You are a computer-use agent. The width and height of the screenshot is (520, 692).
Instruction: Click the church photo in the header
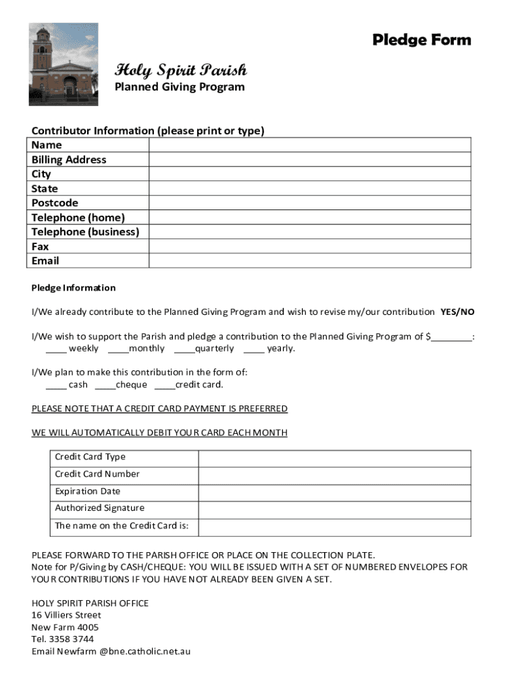[63, 64]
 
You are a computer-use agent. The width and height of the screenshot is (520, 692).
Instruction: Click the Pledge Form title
[421, 41]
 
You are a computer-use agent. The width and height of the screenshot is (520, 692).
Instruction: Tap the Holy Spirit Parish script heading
[180, 70]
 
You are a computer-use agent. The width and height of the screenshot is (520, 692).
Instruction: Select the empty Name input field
[309, 145]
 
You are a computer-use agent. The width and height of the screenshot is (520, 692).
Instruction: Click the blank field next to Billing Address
[309, 159]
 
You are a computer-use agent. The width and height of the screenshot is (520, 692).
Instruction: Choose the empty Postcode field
[309, 203]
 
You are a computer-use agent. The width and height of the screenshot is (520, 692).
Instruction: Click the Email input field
[309, 261]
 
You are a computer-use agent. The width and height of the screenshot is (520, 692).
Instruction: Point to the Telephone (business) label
[85, 232]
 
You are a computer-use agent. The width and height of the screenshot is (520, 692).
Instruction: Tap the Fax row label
[41, 247]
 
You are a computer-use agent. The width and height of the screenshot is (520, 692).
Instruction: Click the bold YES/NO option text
[457, 312]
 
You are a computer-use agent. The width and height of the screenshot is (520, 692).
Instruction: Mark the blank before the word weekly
[56, 349]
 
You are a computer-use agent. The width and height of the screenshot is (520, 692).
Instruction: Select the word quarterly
[214, 349]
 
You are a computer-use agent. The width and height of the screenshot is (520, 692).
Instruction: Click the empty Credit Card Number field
[334, 475]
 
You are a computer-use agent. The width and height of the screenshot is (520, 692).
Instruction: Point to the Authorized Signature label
[99, 508]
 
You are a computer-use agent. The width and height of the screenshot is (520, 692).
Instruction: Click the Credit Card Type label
[90, 457]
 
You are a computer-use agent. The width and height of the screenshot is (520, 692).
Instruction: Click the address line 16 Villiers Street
[66, 615]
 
